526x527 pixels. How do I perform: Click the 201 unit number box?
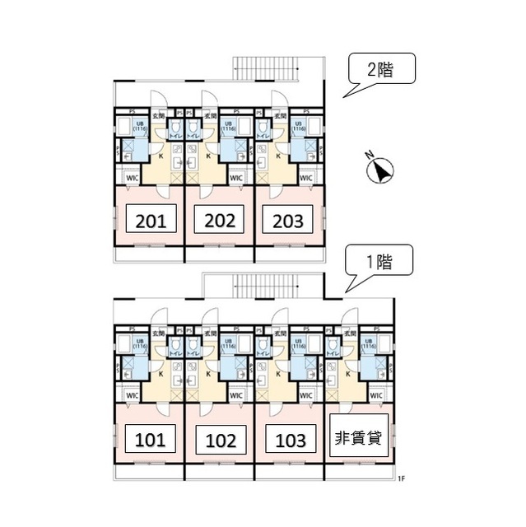click(x=149, y=221)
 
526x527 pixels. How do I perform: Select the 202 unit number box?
click(x=219, y=221)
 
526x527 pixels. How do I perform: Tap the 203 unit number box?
click(x=287, y=221)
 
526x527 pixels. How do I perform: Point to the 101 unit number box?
click(x=149, y=439)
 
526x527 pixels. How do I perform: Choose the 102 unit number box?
click(x=219, y=439)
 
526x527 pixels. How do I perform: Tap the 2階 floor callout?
click(x=379, y=72)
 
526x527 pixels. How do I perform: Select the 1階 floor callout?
click(x=379, y=263)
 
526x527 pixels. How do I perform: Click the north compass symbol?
click(x=379, y=169)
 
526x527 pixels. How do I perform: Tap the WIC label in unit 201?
click(x=132, y=178)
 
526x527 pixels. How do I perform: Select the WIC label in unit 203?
click(x=305, y=178)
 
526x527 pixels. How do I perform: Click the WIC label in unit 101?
click(x=132, y=395)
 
